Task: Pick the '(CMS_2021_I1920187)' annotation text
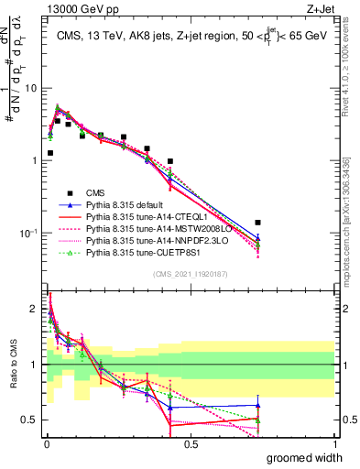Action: [191, 273]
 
